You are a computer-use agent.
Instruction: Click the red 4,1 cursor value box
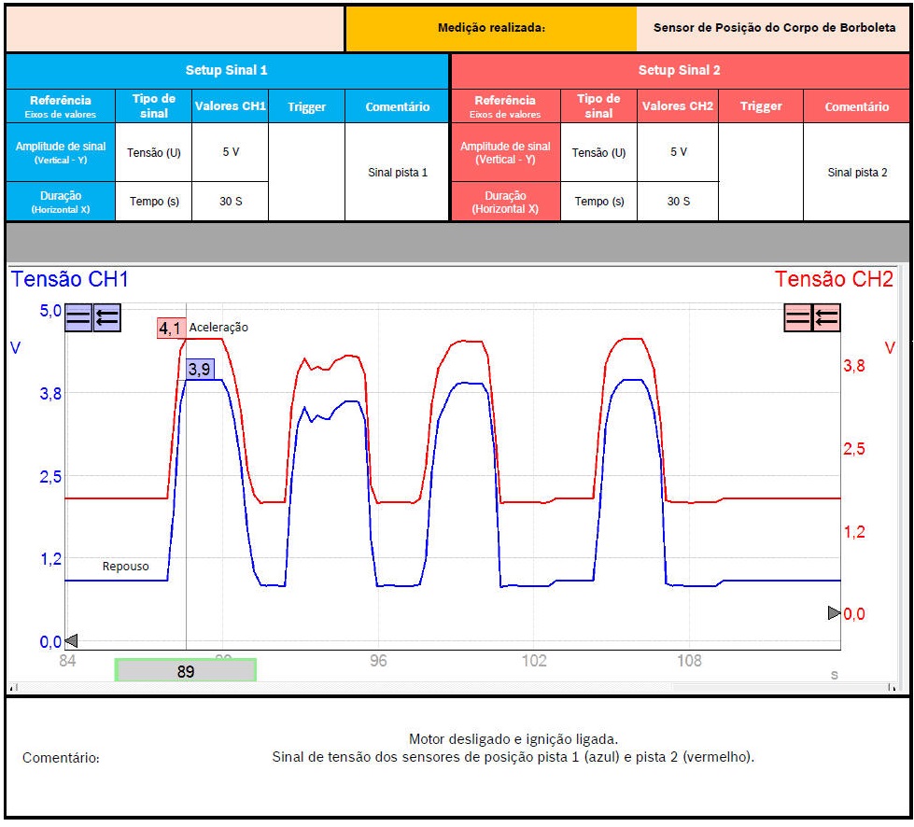pyautogui.click(x=171, y=328)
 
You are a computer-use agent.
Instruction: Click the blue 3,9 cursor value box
pyautogui.click(x=200, y=369)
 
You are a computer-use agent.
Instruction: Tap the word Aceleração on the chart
pyautogui.click(x=218, y=328)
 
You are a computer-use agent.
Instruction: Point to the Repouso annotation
pyautogui.click(x=125, y=567)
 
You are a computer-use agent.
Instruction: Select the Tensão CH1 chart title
pyautogui.click(x=70, y=280)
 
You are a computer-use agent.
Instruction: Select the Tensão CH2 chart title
pyautogui.click(x=834, y=280)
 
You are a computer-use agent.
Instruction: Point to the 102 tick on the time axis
pyautogui.click(x=533, y=661)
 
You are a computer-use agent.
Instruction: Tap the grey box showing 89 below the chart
pyautogui.click(x=185, y=670)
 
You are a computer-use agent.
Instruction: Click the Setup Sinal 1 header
pyautogui.click(x=227, y=70)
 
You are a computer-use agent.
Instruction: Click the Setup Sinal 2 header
pyautogui.click(x=679, y=70)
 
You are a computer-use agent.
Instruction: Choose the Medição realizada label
pyautogui.click(x=491, y=28)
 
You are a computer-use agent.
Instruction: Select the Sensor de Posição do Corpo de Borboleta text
pyautogui.click(x=774, y=28)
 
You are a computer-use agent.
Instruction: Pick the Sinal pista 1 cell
pyautogui.click(x=397, y=173)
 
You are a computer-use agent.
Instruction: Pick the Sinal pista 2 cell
pyautogui.click(x=856, y=173)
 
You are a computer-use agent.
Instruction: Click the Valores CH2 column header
pyautogui.click(x=677, y=106)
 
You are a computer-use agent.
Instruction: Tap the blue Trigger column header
pyautogui.click(x=306, y=106)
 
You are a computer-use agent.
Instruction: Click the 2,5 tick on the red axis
pyautogui.click(x=854, y=449)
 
